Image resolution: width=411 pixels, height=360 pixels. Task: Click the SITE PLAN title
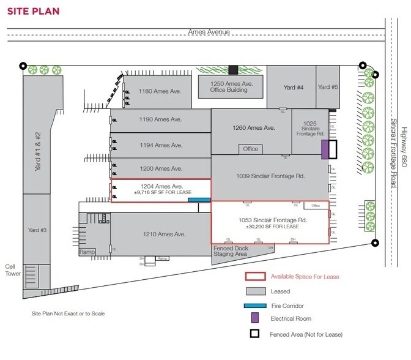click(x=31, y=11)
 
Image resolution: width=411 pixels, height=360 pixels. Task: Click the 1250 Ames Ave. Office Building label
click(x=229, y=86)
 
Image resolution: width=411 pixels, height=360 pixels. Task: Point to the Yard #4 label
click(x=292, y=88)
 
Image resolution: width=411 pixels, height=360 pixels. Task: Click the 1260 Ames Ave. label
click(x=251, y=128)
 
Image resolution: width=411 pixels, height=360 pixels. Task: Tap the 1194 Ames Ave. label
click(x=160, y=145)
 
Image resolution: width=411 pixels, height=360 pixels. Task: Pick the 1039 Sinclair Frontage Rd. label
click(x=270, y=176)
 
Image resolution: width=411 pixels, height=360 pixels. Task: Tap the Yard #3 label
click(x=38, y=230)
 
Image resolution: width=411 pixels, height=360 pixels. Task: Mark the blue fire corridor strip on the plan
click(x=199, y=200)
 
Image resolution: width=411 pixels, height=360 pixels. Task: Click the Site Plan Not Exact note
click(x=68, y=313)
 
